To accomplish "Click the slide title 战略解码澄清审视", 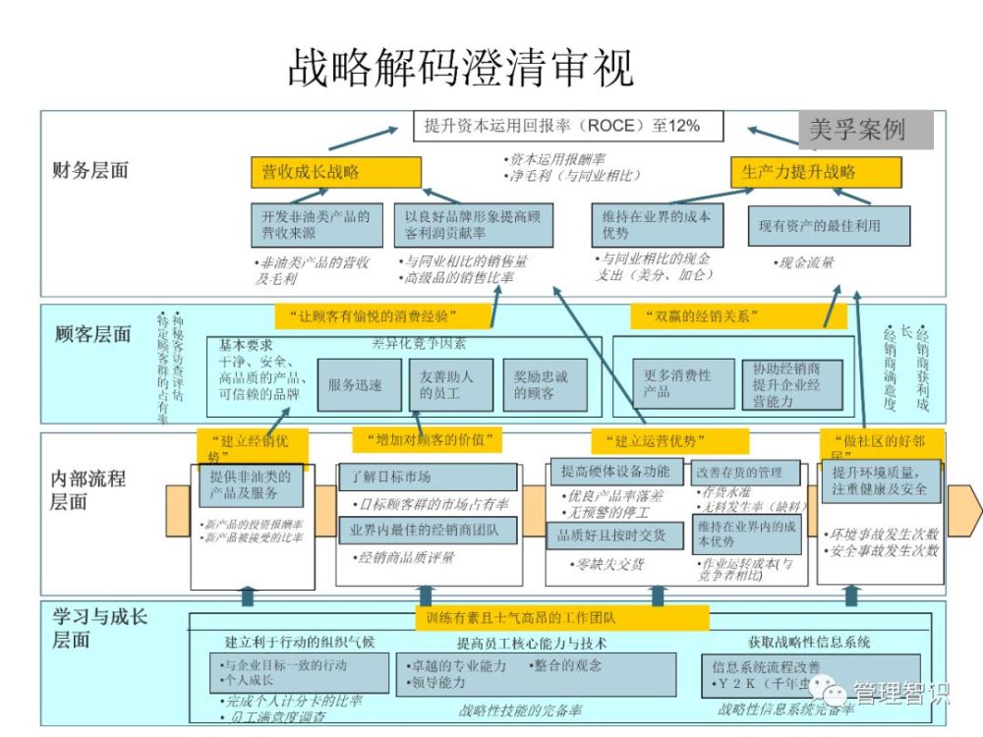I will [x=460, y=68].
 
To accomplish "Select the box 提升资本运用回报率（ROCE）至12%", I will [x=567, y=126].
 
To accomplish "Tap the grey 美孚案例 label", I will [x=856, y=130].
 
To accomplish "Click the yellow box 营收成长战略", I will [x=335, y=172].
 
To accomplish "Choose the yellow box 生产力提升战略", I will [x=815, y=172].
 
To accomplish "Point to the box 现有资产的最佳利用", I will [x=828, y=226].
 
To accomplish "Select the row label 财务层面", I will [x=90, y=170].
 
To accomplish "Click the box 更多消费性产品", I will [x=677, y=383].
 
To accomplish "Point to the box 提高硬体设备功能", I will [x=614, y=471].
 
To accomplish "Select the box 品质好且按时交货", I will [x=614, y=536].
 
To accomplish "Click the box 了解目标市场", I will [x=427, y=477].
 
